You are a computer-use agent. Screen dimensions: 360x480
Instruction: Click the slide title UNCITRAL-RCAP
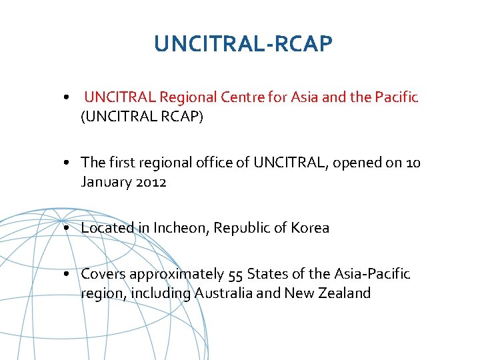[x=243, y=44]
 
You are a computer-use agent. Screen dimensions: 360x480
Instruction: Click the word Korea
[x=310, y=228]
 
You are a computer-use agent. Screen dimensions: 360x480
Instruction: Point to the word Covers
[x=103, y=274]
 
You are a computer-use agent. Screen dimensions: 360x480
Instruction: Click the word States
[x=265, y=274]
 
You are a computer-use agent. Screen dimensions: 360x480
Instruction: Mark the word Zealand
[x=345, y=293]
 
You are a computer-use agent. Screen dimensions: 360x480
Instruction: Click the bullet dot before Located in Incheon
[x=69, y=229]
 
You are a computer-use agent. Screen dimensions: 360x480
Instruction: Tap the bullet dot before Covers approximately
[x=69, y=275]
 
